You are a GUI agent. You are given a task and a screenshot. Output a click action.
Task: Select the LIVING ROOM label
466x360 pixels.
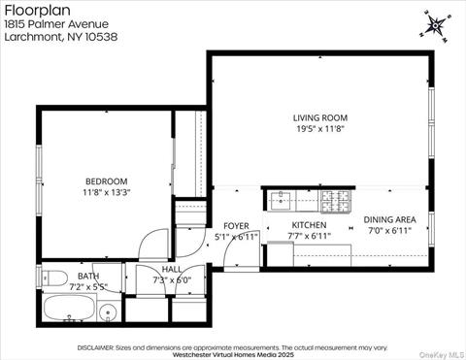pos(319,118)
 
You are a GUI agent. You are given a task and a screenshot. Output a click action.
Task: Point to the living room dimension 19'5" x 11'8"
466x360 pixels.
pos(319,128)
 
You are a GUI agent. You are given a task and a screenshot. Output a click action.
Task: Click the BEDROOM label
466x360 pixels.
pos(105,180)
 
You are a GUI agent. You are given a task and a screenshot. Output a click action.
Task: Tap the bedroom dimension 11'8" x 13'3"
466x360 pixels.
pos(105,191)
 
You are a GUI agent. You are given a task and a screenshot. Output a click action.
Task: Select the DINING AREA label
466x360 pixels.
pos(390,219)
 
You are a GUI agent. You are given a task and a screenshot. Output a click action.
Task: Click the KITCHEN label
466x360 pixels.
pos(309,225)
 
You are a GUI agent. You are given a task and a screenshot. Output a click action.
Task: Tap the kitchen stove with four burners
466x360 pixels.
pos(336,200)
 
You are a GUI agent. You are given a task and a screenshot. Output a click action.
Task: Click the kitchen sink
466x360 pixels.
pos(283,200)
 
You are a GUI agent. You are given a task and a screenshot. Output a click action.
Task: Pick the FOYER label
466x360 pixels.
pos(236,225)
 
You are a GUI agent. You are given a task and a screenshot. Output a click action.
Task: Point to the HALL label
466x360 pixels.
pos(171,269)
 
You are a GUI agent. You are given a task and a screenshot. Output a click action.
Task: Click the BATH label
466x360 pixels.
pos(87,277)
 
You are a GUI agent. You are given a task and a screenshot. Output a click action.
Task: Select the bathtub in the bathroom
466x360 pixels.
pos(70,311)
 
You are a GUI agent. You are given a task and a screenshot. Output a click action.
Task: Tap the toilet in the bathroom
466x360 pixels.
pos(50,276)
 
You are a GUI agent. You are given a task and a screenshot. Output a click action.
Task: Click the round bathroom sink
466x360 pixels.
pos(109,312)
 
